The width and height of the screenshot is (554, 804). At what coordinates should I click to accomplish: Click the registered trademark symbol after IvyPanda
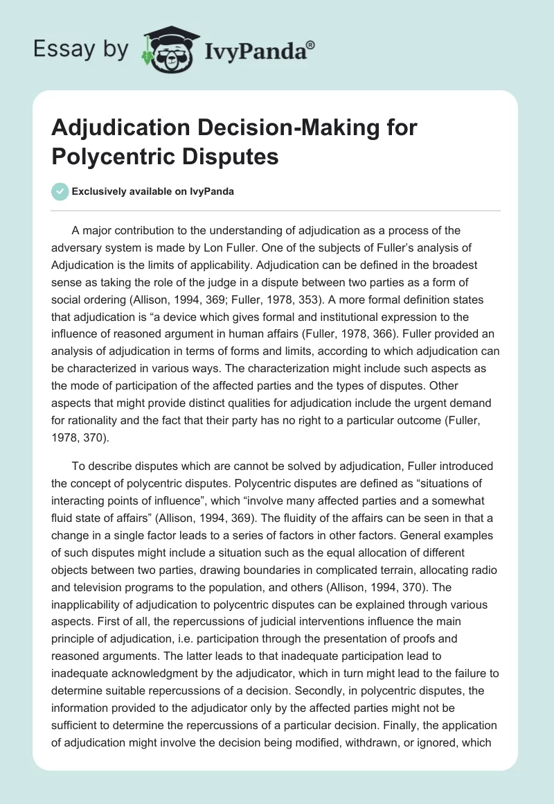[x=311, y=44]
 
